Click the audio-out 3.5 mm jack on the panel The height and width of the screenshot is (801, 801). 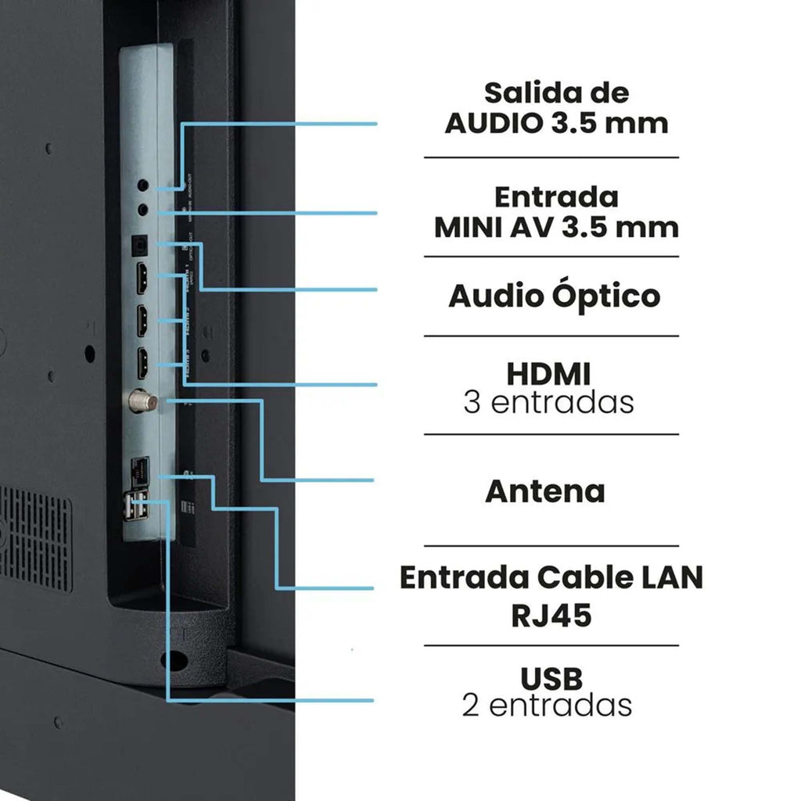pos(142,186)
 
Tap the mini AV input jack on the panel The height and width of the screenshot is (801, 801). pos(142,209)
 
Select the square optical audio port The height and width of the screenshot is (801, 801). pos(138,244)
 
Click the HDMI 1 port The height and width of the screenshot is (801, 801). pos(144,278)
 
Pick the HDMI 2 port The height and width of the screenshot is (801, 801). pos(144,320)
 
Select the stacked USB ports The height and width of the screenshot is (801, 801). pos(135,506)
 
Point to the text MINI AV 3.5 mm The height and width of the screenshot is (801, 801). pos(556,227)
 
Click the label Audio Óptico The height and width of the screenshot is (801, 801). pos(554,296)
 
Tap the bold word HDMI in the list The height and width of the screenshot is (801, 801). pos(548,373)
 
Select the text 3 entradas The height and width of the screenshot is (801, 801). pos(548,403)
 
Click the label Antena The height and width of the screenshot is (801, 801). pos(545,491)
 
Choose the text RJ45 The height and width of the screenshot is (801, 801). pos(551,616)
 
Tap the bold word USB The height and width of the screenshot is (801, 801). pos(551,677)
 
